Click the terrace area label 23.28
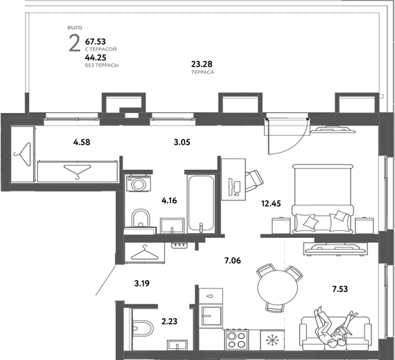[x=202, y=64]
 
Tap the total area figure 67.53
[x=95, y=41]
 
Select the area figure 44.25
[x=96, y=58]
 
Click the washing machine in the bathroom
[x=139, y=183]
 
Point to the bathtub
[x=201, y=204]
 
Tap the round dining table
[x=277, y=287]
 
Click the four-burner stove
[x=236, y=339]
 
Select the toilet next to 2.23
[x=141, y=328]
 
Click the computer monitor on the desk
[x=231, y=187]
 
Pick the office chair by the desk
[x=254, y=180]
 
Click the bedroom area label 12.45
[x=271, y=203]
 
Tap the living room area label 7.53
[x=340, y=289]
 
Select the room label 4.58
[x=82, y=142]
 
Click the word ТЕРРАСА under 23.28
[x=202, y=72]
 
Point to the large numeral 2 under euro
[x=75, y=44]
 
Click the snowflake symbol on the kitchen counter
[x=272, y=341]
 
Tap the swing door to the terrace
[x=287, y=136]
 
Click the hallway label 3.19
[x=142, y=284]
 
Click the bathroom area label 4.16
[x=169, y=200]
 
